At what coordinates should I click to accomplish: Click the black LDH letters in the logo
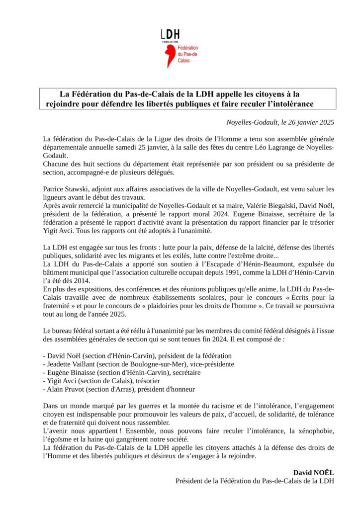point(170,34)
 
